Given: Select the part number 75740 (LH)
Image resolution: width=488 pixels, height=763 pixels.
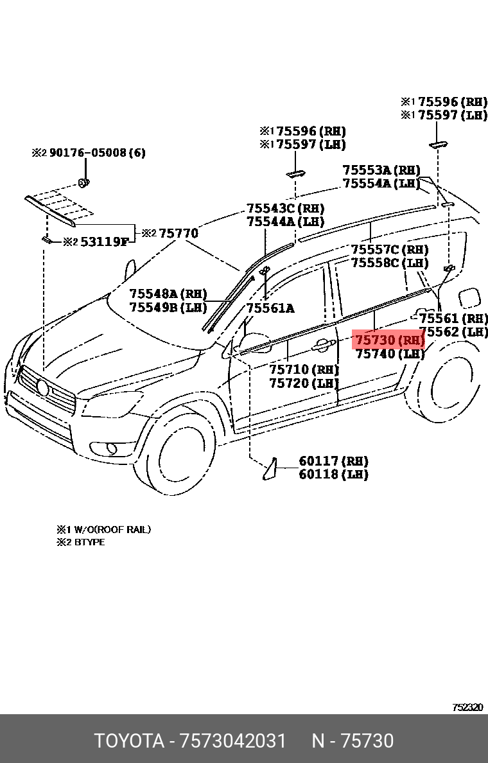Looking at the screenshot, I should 389,354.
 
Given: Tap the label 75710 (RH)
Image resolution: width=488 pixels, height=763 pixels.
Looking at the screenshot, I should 304,370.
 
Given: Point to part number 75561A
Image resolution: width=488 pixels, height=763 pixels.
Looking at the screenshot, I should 270,308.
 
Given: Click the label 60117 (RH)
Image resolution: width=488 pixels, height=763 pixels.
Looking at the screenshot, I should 333,461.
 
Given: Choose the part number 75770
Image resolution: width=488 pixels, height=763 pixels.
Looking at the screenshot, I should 178,233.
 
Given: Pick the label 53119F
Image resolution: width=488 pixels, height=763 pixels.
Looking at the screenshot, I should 104,242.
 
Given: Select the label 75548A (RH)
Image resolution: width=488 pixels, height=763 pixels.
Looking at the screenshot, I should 168,294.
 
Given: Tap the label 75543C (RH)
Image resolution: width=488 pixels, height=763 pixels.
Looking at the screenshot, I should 286,209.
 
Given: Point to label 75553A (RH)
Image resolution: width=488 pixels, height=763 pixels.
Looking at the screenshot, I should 381,170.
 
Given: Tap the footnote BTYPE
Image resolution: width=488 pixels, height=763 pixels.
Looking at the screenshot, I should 89,542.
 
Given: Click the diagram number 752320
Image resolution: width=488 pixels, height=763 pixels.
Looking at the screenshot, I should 467,707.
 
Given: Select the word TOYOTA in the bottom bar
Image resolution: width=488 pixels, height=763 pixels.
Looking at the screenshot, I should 129,741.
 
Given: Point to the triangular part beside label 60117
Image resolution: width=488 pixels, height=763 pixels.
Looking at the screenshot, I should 270,469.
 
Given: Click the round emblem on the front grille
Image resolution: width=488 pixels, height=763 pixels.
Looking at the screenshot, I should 43,387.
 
